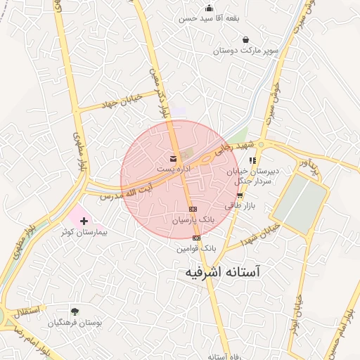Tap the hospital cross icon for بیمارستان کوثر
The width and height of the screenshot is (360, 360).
click(x=85, y=221)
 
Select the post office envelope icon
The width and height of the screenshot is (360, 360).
click(x=173, y=159)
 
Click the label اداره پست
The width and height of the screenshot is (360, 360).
click(x=173, y=170)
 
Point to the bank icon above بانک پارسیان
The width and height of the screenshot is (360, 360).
click(x=193, y=210)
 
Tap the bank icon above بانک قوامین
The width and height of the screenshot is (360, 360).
click(x=196, y=238)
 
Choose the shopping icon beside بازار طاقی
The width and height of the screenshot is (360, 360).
click(x=240, y=195)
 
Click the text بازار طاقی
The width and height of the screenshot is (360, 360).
click(x=238, y=206)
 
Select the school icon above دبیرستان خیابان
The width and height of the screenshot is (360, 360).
click(x=252, y=160)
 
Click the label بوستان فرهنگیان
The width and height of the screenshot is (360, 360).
click(x=75, y=323)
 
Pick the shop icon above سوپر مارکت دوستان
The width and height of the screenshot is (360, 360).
click(x=245, y=40)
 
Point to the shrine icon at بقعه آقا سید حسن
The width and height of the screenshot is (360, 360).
click(x=209, y=8)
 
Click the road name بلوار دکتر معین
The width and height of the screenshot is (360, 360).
click(x=160, y=91)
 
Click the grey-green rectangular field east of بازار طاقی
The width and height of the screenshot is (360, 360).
click(x=300, y=200)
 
